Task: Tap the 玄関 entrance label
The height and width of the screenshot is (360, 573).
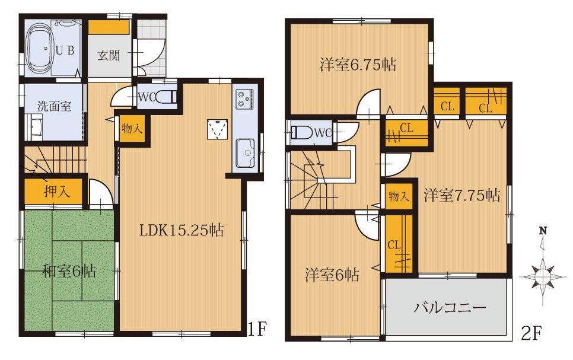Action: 109,55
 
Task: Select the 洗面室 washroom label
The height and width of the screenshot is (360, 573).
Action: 54,107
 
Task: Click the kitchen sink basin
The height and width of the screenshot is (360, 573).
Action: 244,154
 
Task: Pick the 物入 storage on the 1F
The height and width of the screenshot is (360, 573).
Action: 132,129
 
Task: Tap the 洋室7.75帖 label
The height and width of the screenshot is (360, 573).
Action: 461,194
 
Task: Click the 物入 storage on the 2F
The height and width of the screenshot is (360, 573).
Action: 397,196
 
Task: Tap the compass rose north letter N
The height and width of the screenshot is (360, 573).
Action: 542,231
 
